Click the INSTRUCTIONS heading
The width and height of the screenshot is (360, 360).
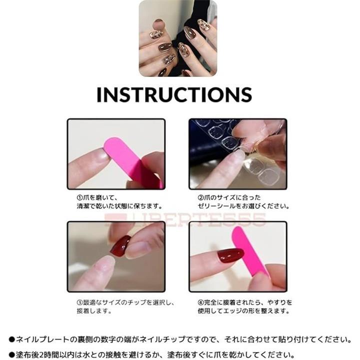pyautogui.click(x=174, y=94)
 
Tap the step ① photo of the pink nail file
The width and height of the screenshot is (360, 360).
pyautogui.click(x=116, y=154)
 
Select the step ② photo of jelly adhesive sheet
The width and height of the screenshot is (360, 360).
pyautogui.click(x=238, y=154)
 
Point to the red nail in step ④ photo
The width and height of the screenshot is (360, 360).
pyautogui.click(x=230, y=255)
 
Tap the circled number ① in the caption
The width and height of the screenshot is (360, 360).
pyautogui.click(x=79, y=197)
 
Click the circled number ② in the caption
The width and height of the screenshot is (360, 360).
pyautogui.click(x=200, y=197)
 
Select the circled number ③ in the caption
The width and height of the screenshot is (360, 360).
pyautogui.click(x=79, y=302)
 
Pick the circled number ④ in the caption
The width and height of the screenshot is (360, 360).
pyautogui.click(x=200, y=302)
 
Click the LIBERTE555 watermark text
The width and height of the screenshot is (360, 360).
pyautogui.click(x=185, y=219)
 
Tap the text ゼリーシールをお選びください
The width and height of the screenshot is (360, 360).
pyautogui.click(x=243, y=206)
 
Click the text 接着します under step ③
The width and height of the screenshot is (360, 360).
pyautogui.click(x=94, y=311)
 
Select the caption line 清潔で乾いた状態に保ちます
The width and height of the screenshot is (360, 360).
pyautogui.click(x=119, y=206)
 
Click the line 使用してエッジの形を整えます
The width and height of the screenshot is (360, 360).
pyautogui.click(x=243, y=311)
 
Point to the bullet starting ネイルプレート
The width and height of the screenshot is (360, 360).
pyautogui.click(x=12, y=339)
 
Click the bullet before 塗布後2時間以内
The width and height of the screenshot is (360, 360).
pyautogui.click(x=12, y=355)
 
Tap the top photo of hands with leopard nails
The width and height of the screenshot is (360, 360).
pyautogui.click(x=178, y=38)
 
